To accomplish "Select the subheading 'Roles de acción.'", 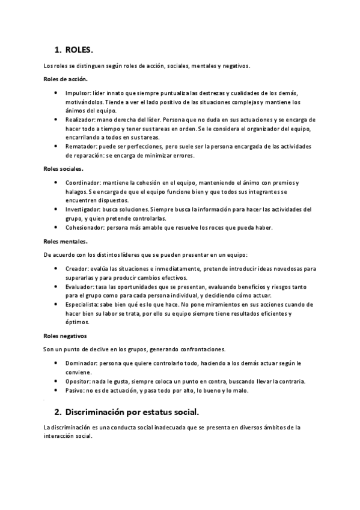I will click(66, 79).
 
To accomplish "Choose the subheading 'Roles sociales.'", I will click(64, 169).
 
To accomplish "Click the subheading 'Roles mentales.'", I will click(66, 242).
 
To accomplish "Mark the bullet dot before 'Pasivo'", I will click(56, 390).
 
